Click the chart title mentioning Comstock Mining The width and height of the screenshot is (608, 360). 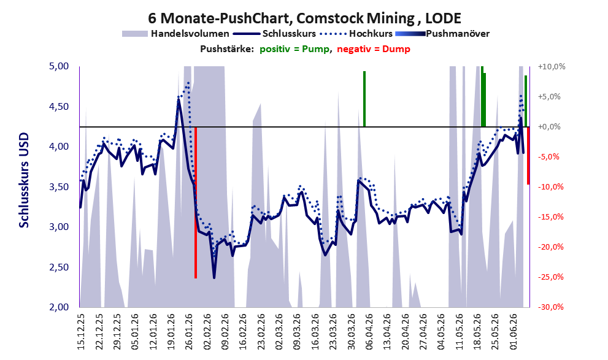[304, 18]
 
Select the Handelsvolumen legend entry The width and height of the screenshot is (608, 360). [175, 34]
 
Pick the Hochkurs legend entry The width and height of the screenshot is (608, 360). [356, 34]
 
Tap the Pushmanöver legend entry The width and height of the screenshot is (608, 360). [442, 34]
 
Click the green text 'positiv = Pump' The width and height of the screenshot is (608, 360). [294, 49]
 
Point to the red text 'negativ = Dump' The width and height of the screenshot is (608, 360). [374, 49]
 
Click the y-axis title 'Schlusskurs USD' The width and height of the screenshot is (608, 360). [24, 180]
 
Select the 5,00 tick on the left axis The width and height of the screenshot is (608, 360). [58, 66]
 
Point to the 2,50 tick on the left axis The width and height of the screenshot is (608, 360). [58, 267]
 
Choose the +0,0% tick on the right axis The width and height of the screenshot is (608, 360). [549, 127]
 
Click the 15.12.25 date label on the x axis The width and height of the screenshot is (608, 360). [80, 332]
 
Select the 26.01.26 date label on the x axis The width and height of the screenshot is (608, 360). [189, 332]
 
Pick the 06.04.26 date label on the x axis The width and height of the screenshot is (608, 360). [369, 332]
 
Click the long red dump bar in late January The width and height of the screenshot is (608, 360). [196, 202]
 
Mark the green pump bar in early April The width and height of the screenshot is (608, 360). [364, 99]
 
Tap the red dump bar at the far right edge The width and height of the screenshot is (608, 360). [528, 155]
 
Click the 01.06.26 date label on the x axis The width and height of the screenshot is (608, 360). [514, 332]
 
